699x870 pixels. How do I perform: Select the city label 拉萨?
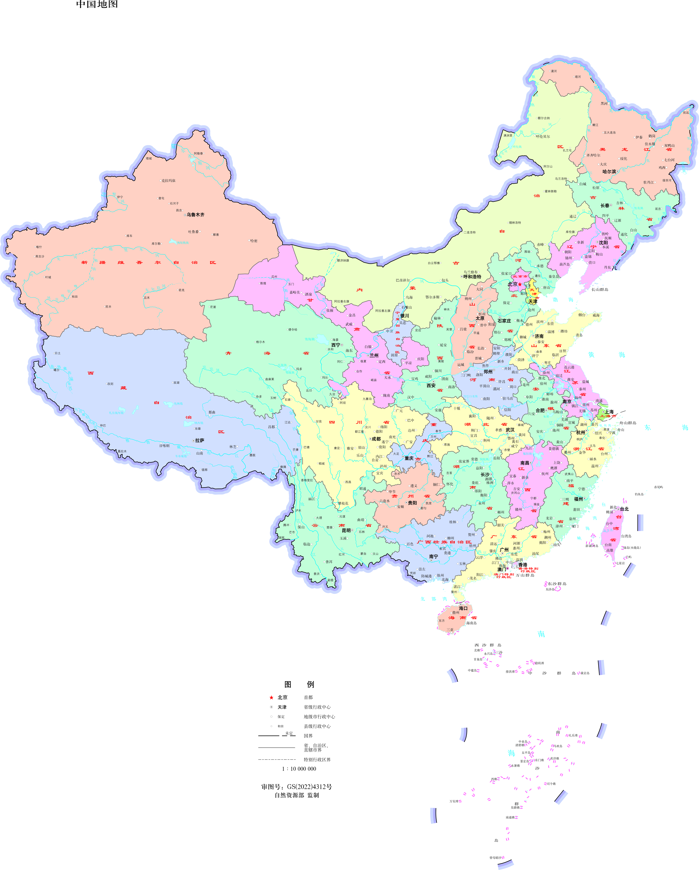200,440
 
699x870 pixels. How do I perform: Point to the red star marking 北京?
520,284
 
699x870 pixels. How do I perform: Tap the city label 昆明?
346,530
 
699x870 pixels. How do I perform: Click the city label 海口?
463,608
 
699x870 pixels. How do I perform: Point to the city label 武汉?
510,430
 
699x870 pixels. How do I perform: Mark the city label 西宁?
336,345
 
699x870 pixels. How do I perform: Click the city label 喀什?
39,247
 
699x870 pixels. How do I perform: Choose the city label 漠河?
554,71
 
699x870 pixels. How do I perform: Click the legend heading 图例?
299,684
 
